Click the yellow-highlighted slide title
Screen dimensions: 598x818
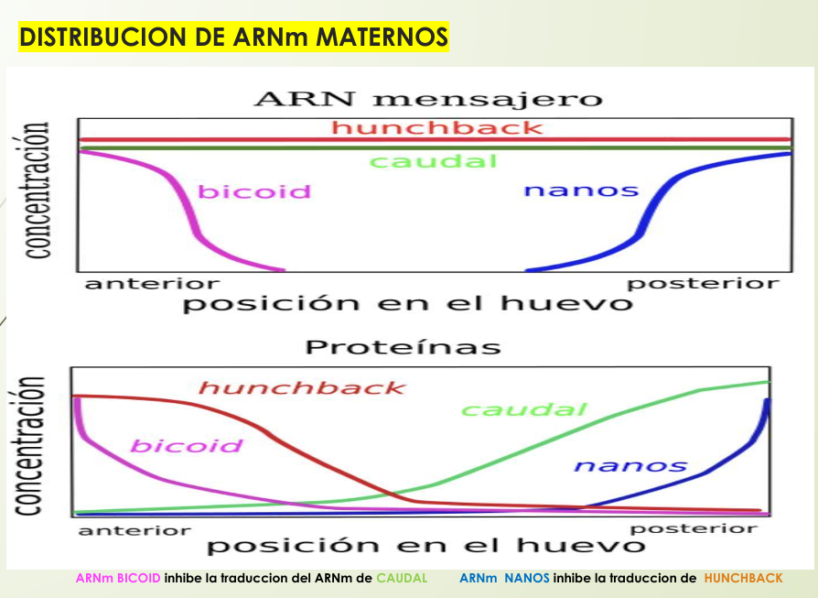(x=233, y=37)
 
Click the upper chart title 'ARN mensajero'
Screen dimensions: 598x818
(x=428, y=99)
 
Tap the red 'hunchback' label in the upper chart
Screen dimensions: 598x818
(x=436, y=127)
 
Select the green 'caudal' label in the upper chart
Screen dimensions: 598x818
(x=433, y=162)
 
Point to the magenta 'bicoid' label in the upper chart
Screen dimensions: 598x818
(x=254, y=192)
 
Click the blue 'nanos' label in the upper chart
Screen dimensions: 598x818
(x=580, y=190)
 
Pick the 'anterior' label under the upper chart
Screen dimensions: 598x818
(x=152, y=283)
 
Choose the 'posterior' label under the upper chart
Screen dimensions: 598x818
(x=703, y=283)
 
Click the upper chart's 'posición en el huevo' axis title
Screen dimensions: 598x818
(x=407, y=303)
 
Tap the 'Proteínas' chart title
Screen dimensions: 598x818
(x=403, y=348)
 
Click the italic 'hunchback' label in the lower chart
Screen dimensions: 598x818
(x=301, y=387)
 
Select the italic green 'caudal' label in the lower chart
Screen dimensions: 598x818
(x=522, y=409)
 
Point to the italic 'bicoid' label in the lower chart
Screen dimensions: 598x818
(x=187, y=446)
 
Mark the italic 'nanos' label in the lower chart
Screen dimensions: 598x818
(x=630, y=465)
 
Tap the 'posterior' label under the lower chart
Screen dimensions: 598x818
(x=694, y=528)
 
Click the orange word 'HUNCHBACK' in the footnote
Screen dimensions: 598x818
(x=743, y=578)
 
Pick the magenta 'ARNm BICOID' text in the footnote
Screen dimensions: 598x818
(x=118, y=578)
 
